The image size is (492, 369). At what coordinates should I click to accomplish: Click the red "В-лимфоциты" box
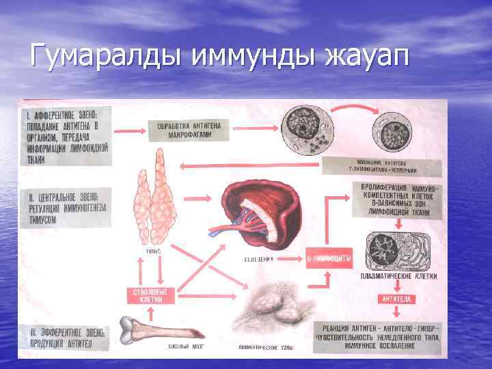point(329,259)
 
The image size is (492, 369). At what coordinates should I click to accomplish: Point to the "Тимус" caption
point(154,251)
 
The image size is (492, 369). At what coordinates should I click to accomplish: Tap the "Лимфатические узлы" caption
point(266,348)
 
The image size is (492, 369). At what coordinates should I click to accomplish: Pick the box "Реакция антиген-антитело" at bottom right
point(379,334)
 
